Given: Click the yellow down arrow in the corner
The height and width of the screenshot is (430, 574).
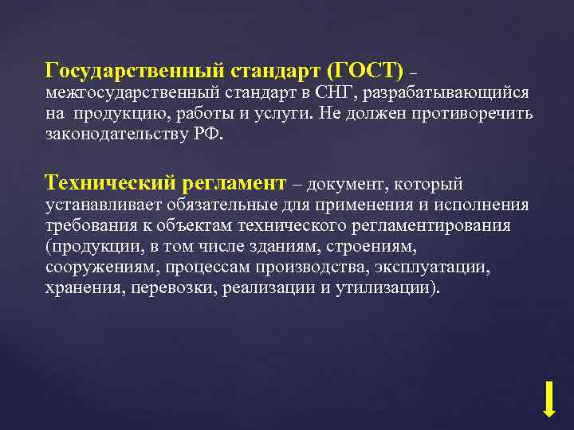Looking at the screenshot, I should (548, 399).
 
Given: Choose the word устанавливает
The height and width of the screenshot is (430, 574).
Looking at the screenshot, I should (101, 205).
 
